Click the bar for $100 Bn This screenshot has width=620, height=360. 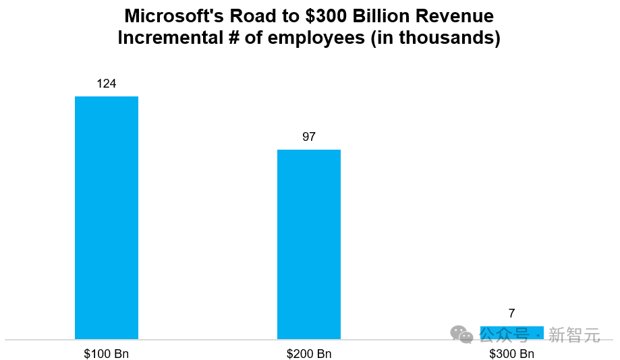[x=107, y=217]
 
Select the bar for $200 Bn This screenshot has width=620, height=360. [x=309, y=244]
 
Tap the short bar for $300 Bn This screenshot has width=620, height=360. [x=511, y=332]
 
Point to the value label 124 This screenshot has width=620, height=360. [x=107, y=84]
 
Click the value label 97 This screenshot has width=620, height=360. [x=309, y=137]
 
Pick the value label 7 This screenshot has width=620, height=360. [x=511, y=313]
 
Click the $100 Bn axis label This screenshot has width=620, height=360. [x=107, y=354]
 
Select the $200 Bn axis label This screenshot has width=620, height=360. [x=309, y=354]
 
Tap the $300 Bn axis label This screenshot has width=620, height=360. [x=511, y=354]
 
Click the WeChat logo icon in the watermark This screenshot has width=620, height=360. [x=462, y=334]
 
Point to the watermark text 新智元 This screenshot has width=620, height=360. [x=574, y=334]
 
